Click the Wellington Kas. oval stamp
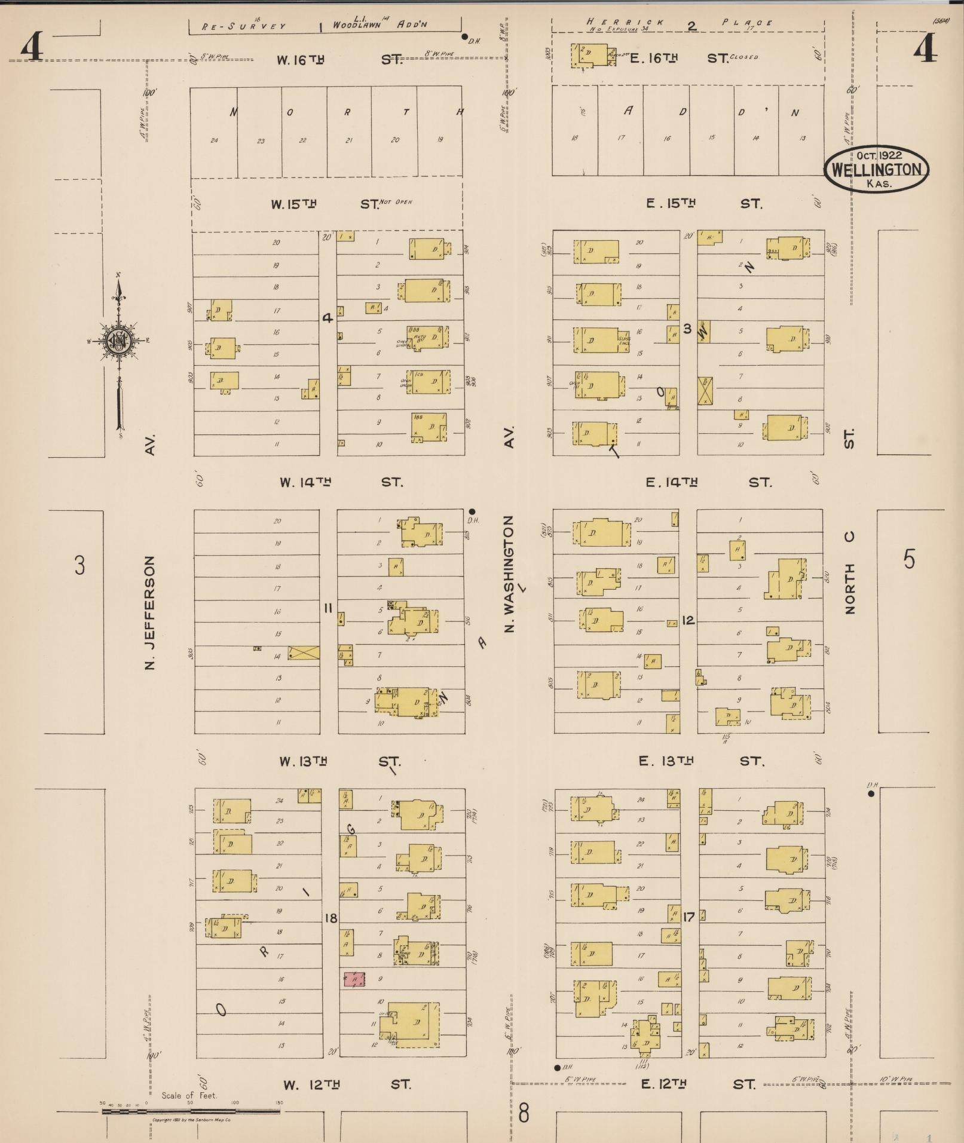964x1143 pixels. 876,169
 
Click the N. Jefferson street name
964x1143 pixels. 151,612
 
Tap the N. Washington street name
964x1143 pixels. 509,574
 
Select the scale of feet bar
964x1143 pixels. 191,1111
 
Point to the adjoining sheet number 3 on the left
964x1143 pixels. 79,564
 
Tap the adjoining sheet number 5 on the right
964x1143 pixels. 908,559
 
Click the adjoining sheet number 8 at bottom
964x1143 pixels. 524,1113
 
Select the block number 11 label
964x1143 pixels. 328,608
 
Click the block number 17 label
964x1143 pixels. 688,916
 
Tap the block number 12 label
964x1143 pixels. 688,620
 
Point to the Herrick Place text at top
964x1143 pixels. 680,23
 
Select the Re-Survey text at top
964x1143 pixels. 243,26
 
